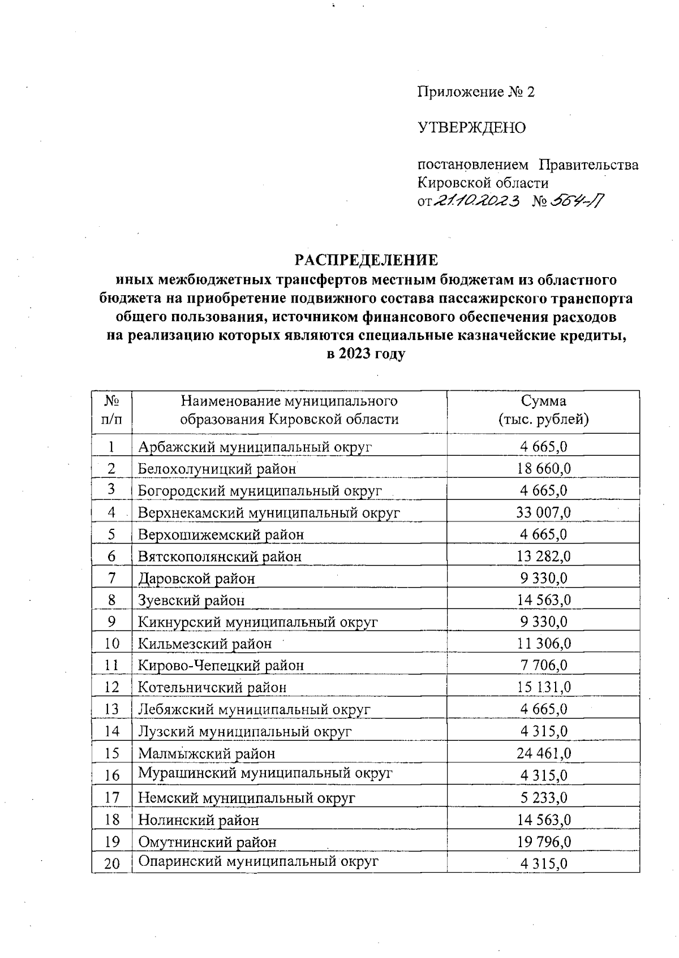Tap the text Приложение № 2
475,92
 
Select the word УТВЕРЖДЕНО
471,128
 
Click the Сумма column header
543,410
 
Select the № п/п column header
111,410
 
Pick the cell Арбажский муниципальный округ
255,447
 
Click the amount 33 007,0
543,512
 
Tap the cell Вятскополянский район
220,556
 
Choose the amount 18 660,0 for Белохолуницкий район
543,469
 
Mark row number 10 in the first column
112,644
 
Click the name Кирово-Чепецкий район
221,666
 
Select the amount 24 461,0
543,753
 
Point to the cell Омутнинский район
207,842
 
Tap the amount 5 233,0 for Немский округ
543,798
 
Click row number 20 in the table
112,864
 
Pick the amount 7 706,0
543,666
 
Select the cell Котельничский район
212,688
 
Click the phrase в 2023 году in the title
366,355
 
